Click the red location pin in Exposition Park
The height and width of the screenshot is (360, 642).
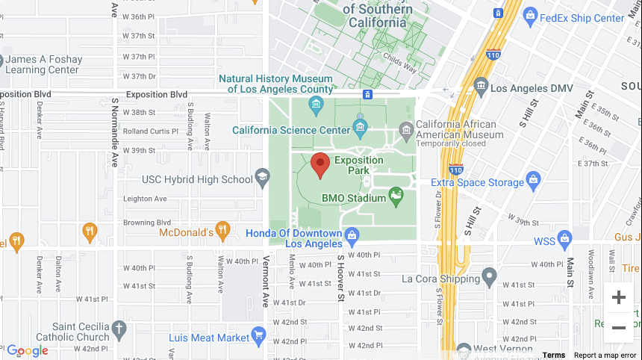tap(320, 164)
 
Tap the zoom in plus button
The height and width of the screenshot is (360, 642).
tap(618, 298)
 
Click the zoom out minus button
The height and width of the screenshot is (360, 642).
tap(618, 328)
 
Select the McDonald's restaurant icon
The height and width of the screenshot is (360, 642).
tap(222, 230)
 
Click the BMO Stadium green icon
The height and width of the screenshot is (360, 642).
tap(396, 197)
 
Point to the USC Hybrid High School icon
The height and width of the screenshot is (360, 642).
tap(262, 178)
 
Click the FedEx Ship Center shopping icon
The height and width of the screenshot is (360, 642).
tap(530, 15)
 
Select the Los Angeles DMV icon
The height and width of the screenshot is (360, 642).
tap(481, 88)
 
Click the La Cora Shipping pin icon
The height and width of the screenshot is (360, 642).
tap(490, 279)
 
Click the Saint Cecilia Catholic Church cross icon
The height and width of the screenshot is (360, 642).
tap(119, 329)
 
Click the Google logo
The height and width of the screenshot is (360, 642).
tap(28, 351)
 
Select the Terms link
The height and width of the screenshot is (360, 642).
tap(553, 355)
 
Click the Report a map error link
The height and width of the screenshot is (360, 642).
tap(605, 355)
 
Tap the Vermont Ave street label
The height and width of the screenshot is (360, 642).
tap(266, 280)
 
